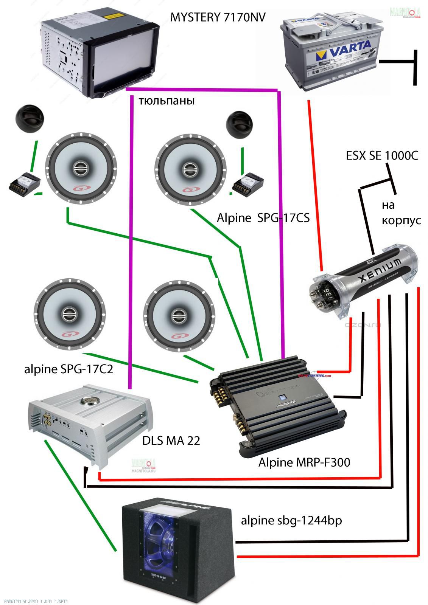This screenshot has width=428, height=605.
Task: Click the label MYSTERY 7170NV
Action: pyautogui.click(x=218, y=17)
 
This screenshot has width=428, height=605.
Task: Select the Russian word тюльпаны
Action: pyautogui.click(x=167, y=101)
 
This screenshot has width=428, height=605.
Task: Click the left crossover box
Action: pyautogui.click(x=24, y=183)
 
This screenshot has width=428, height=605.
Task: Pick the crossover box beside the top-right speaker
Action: pyautogui.click(x=247, y=184)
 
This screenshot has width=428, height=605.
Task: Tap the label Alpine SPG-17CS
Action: pyautogui.click(x=263, y=218)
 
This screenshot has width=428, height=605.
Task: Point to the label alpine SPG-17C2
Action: pyautogui.click(x=68, y=369)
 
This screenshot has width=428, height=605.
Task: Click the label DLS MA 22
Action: pyautogui.click(x=171, y=441)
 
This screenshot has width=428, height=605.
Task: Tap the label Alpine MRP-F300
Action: pyautogui.click(x=304, y=462)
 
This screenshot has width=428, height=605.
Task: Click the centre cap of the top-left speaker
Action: pyautogui.click(x=80, y=168)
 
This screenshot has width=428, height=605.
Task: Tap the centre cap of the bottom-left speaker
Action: pyautogui.click(x=69, y=313)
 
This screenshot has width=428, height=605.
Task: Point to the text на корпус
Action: pyautogui.click(x=400, y=213)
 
